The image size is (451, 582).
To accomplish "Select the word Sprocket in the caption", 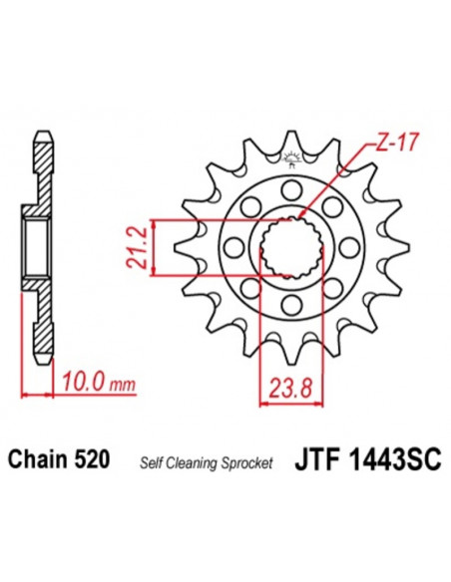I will pos(245,460).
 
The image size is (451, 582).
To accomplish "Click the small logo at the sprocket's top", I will pos(293,155).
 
